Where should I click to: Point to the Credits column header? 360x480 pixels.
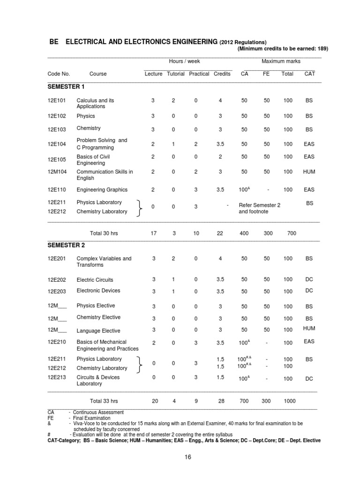pos(222,74)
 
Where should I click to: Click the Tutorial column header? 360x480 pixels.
pos(176,74)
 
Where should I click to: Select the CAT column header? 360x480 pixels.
pos(309,74)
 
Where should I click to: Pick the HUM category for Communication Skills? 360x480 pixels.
pos(309,172)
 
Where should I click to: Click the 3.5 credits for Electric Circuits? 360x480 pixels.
pos(221,279)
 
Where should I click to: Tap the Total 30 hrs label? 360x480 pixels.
pos(104,233)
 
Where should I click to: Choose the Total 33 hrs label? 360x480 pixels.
pos(104,401)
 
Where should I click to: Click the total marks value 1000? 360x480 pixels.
pos(289,401)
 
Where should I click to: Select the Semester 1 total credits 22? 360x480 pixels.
pos(220,233)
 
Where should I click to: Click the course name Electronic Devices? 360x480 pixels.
pos(98,291)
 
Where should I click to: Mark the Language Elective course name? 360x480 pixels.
pos(98,331)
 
